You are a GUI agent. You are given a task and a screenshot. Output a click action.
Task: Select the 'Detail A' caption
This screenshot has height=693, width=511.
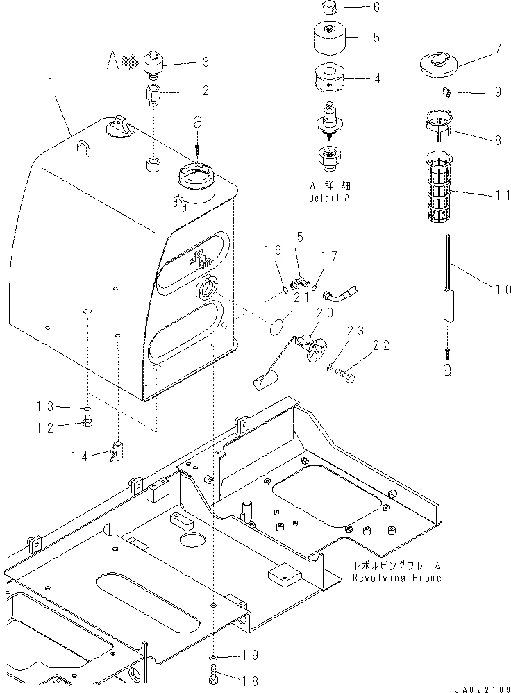(x=331, y=197)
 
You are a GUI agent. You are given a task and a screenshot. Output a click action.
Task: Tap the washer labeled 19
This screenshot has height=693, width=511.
(x=214, y=656)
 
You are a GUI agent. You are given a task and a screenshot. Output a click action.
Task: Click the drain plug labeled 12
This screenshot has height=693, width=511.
(x=88, y=419)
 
